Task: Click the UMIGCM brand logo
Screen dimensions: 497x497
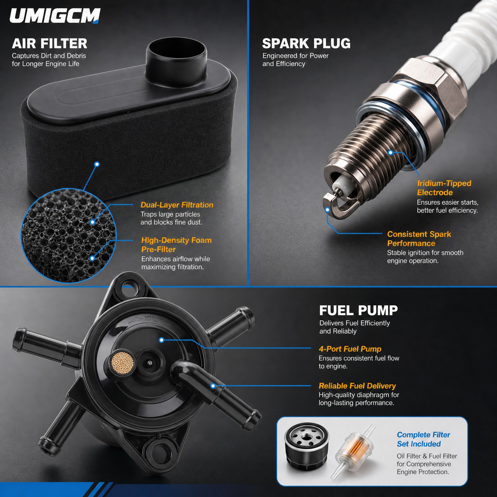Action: coord(55,16)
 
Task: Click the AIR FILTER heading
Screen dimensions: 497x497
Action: coord(50,43)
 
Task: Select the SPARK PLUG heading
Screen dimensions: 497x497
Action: coord(306,43)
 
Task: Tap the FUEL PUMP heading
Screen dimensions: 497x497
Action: coord(358,310)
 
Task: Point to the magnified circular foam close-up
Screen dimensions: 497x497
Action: coord(68,235)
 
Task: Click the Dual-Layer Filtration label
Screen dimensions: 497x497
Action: coord(177,205)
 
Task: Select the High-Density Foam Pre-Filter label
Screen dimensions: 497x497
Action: coord(176,245)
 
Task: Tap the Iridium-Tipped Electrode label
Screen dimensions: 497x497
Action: coord(444,188)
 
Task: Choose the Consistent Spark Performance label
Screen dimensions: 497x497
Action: coord(419,239)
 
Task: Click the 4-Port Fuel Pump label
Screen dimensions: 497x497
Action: coord(350,349)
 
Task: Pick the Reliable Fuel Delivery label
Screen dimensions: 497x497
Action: coord(357,386)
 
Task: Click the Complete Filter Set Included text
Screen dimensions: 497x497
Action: coord(423,439)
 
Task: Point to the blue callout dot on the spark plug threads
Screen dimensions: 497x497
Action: coord(390,153)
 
